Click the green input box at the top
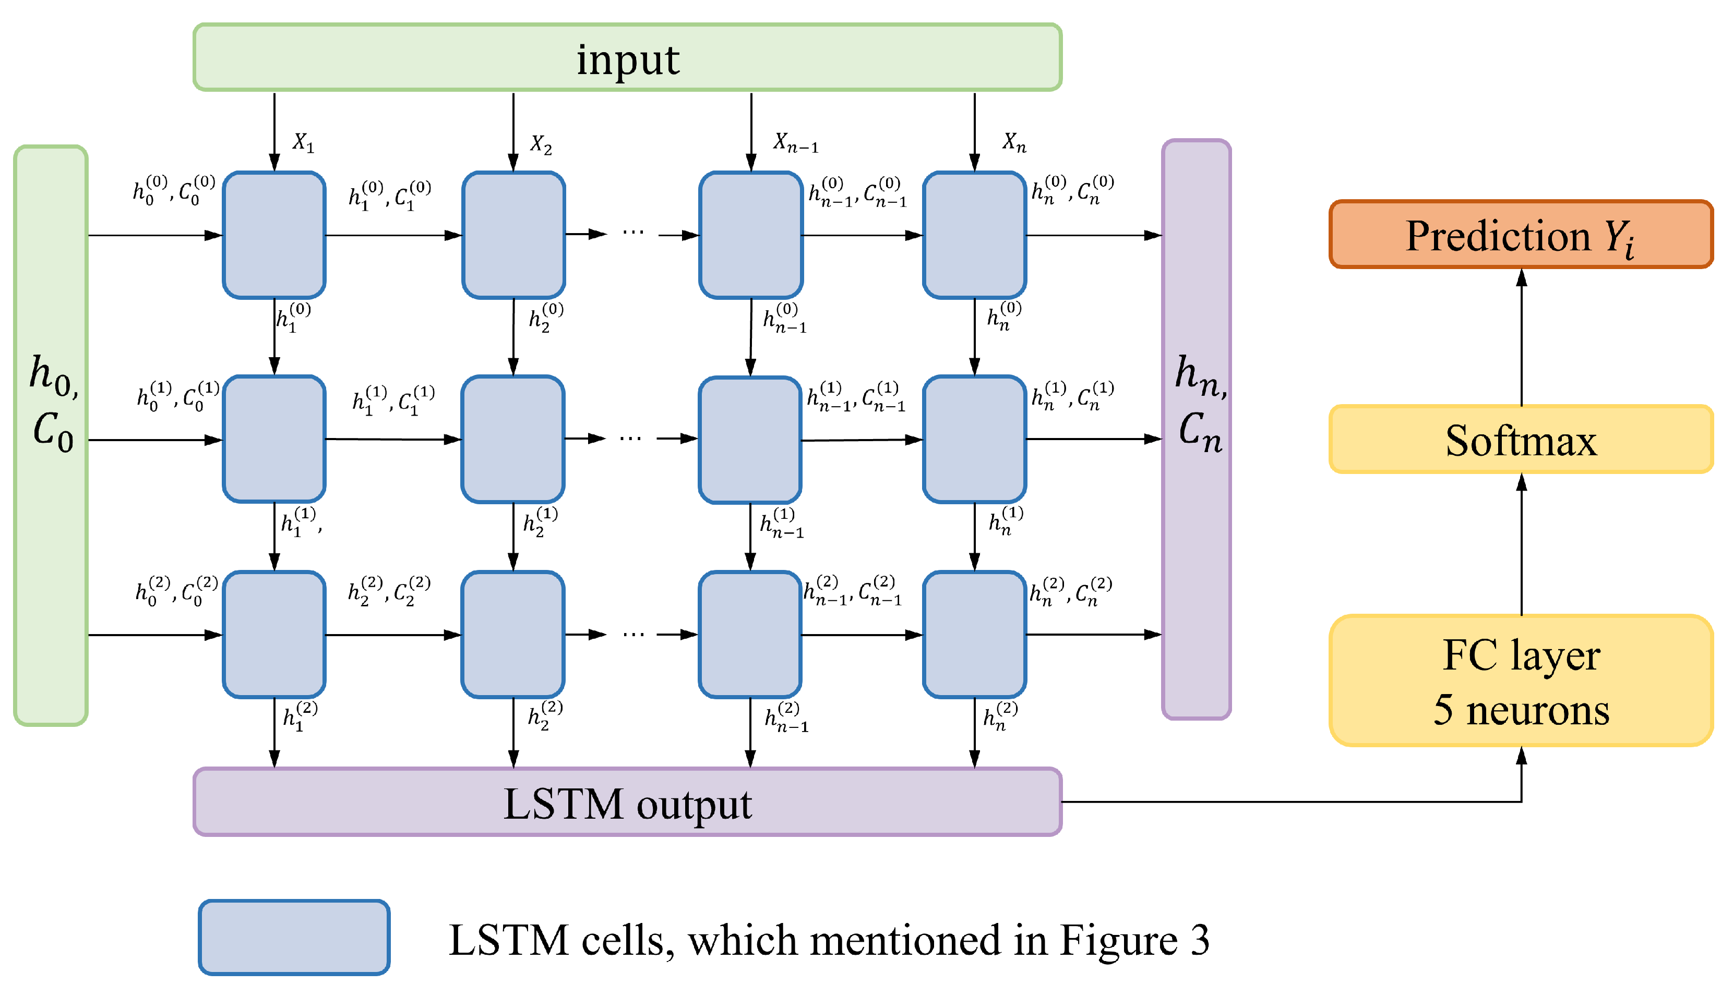point(627,57)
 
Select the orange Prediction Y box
point(1520,234)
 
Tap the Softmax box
point(1520,439)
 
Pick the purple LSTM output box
point(627,802)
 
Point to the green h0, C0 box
point(51,435)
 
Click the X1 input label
point(303,142)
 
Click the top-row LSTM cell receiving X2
point(513,235)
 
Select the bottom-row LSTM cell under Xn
point(974,634)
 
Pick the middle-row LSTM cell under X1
point(274,439)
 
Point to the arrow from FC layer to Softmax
point(1521,544)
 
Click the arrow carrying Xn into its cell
point(974,131)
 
